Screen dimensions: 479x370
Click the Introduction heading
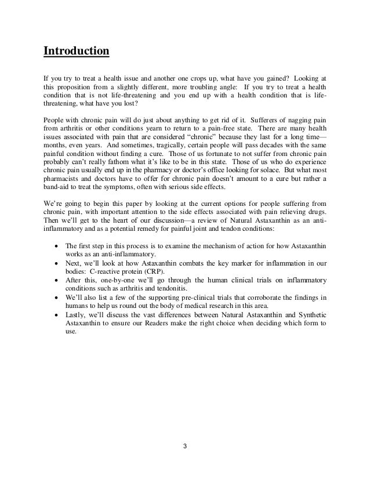(76, 51)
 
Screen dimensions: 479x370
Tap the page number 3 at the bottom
(184, 447)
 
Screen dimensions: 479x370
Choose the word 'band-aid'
(57, 199)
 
